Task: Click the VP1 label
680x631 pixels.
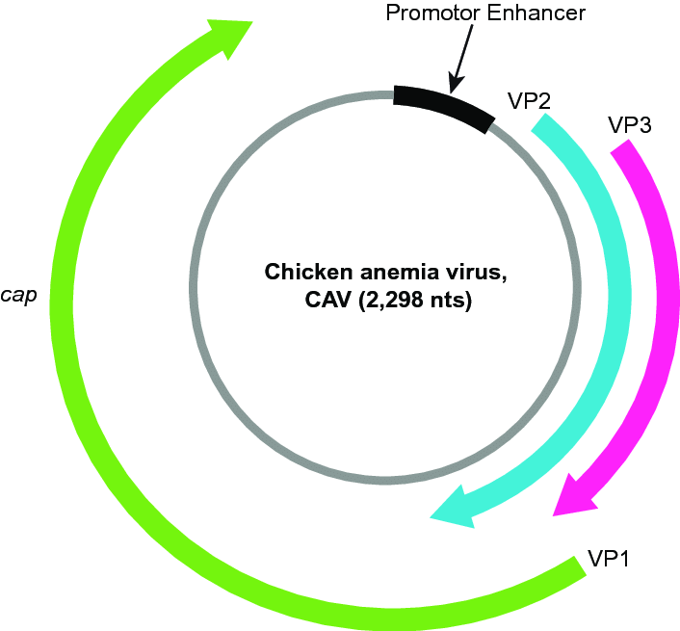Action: [x=608, y=560]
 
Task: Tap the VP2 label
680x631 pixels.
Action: [x=529, y=99]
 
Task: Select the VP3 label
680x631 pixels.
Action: [x=631, y=125]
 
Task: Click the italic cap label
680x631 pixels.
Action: [x=19, y=295]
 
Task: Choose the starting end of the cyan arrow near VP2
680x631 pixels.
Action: [x=545, y=125]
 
